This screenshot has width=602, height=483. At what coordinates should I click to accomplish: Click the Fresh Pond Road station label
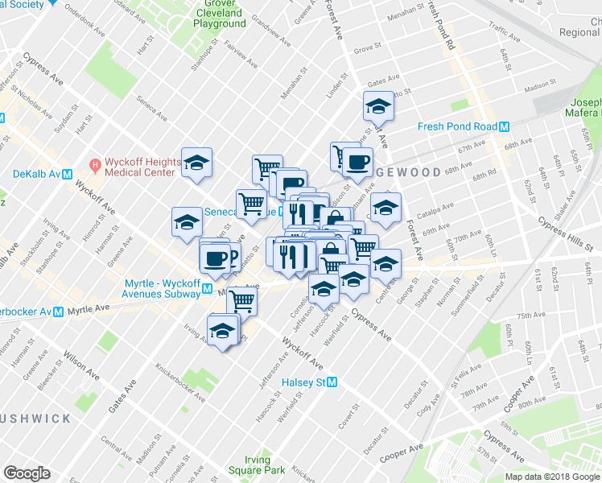(x=457, y=126)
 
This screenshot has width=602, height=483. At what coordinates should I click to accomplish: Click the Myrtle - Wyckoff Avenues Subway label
(x=161, y=289)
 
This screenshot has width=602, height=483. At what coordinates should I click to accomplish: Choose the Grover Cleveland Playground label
(x=220, y=14)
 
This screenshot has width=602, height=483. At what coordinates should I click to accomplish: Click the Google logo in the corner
(x=27, y=473)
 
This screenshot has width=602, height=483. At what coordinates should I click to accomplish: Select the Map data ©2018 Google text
(x=552, y=477)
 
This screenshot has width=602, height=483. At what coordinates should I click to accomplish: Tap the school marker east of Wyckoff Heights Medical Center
(x=196, y=163)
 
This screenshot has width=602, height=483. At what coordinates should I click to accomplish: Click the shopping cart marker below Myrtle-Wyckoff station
(x=241, y=302)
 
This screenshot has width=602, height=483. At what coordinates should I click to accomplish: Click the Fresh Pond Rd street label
(x=441, y=32)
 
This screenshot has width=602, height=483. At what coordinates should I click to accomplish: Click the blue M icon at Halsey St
(x=331, y=383)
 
